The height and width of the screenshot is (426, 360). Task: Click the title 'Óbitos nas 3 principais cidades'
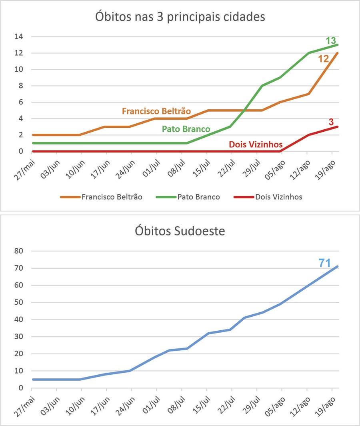click(180, 18)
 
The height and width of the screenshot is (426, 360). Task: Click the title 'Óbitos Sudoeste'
click(180, 232)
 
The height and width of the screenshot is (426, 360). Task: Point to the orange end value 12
click(323, 58)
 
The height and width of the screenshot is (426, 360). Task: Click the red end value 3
click(331, 122)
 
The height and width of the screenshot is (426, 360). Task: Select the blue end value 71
click(324, 263)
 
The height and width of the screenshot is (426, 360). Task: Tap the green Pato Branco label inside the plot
click(186, 129)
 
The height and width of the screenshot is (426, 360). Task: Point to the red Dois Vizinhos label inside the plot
click(256, 145)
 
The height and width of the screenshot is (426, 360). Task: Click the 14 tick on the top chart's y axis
click(19, 37)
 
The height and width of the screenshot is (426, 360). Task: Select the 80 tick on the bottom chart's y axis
click(19, 251)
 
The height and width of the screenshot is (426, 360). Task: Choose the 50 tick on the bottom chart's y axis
click(19, 302)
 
